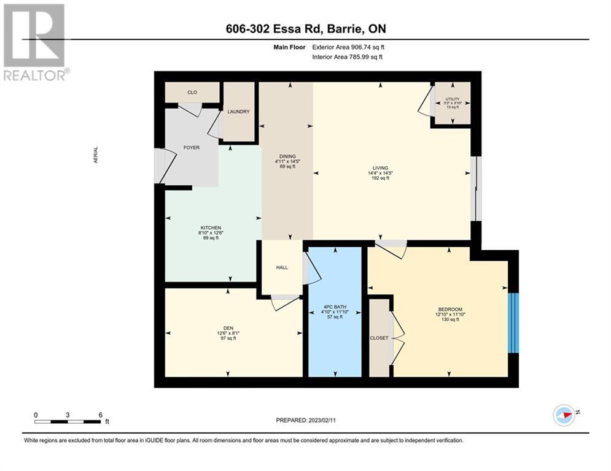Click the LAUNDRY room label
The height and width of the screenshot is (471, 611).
coord(238,112)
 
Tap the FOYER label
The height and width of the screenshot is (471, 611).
coord(192,148)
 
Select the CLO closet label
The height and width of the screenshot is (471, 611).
coord(192,92)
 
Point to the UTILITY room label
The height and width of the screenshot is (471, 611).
coord(453,99)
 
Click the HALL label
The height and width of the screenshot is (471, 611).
coord(282,267)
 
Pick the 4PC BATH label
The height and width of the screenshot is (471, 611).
coord(335,307)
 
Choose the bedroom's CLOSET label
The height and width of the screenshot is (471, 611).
coord(379,338)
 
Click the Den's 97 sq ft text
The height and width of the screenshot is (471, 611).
coord(228,339)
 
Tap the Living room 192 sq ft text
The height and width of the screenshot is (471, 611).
coord(380,178)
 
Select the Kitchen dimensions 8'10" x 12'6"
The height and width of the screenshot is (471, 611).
coord(211,233)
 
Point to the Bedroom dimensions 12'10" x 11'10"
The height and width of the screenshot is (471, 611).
coord(450,314)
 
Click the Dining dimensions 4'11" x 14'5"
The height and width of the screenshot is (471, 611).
coord(287,161)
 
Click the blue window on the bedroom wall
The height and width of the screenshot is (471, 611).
coord(514,323)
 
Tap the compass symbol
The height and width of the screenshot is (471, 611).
coord(564,415)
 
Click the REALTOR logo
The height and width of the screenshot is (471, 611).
coord(36,42)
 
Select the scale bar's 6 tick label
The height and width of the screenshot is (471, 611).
coord(100,415)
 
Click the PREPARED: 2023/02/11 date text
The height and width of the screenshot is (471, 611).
coord(306,420)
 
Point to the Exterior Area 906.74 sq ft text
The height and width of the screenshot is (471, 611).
coord(348,47)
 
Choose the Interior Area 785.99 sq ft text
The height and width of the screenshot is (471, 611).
coord(347,57)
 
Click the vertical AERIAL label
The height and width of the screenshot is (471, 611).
coord(96,155)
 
